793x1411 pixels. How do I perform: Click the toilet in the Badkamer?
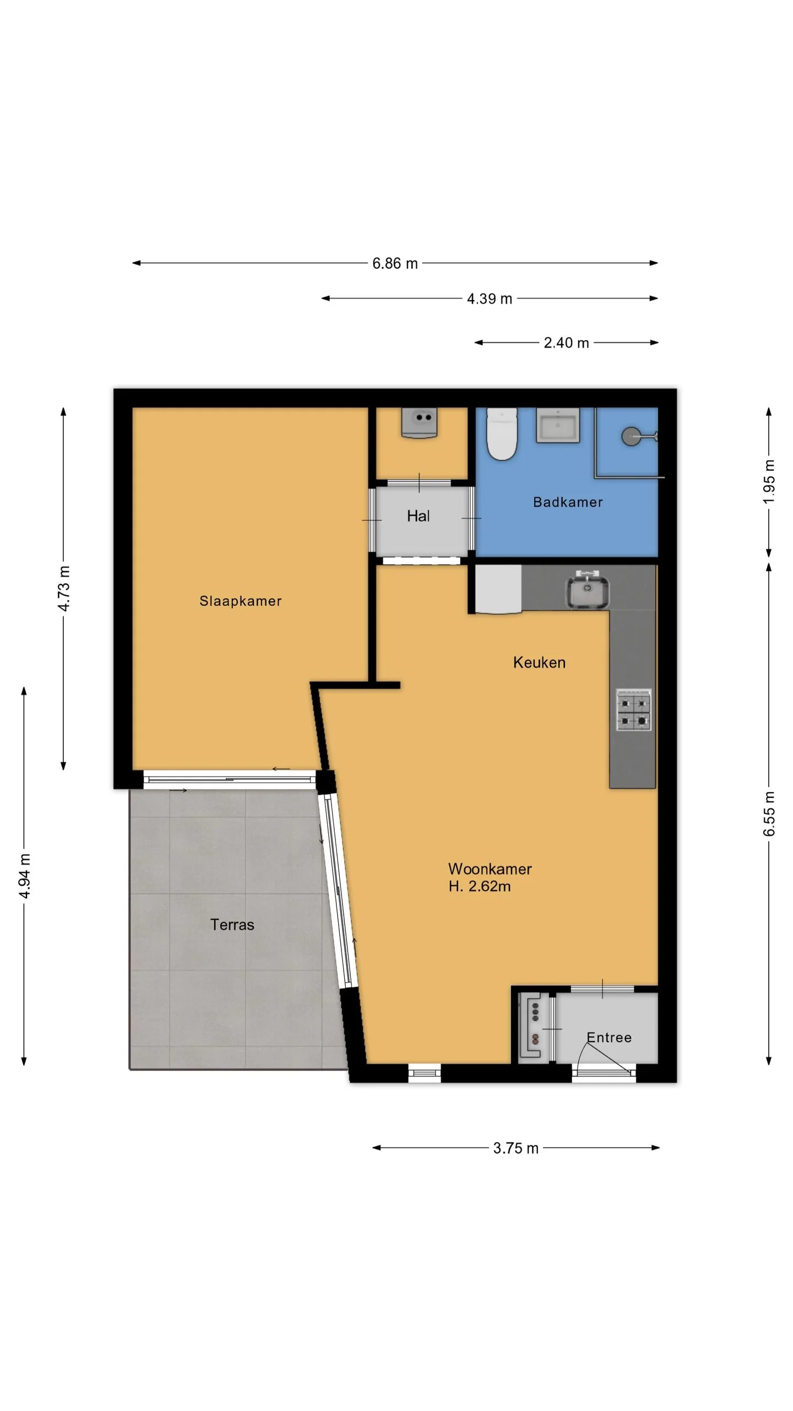[502, 434]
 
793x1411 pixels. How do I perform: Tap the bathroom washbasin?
[557, 425]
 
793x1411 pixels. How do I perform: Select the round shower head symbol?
[631, 437]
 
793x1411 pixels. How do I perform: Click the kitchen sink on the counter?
[588, 590]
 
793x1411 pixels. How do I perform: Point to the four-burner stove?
[633, 710]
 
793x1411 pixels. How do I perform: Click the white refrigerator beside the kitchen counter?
[498, 589]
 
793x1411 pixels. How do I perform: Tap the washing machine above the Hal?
[420, 423]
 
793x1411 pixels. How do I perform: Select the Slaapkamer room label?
[240, 601]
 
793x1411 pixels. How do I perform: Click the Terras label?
[232, 924]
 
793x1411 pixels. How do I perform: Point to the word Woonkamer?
[490, 869]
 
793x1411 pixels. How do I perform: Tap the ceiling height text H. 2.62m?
[479, 886]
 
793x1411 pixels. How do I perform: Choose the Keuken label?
[539, 662]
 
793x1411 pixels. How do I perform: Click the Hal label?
[418, 516]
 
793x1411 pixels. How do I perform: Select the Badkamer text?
[568, 502]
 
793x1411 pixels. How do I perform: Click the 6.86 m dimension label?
[395, 263]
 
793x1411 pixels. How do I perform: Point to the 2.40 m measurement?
[566, 343]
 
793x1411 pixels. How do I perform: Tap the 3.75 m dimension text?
[515, 1148]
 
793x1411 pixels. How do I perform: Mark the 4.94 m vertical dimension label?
[24, 876]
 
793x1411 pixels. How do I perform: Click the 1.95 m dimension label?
[769, 481]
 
